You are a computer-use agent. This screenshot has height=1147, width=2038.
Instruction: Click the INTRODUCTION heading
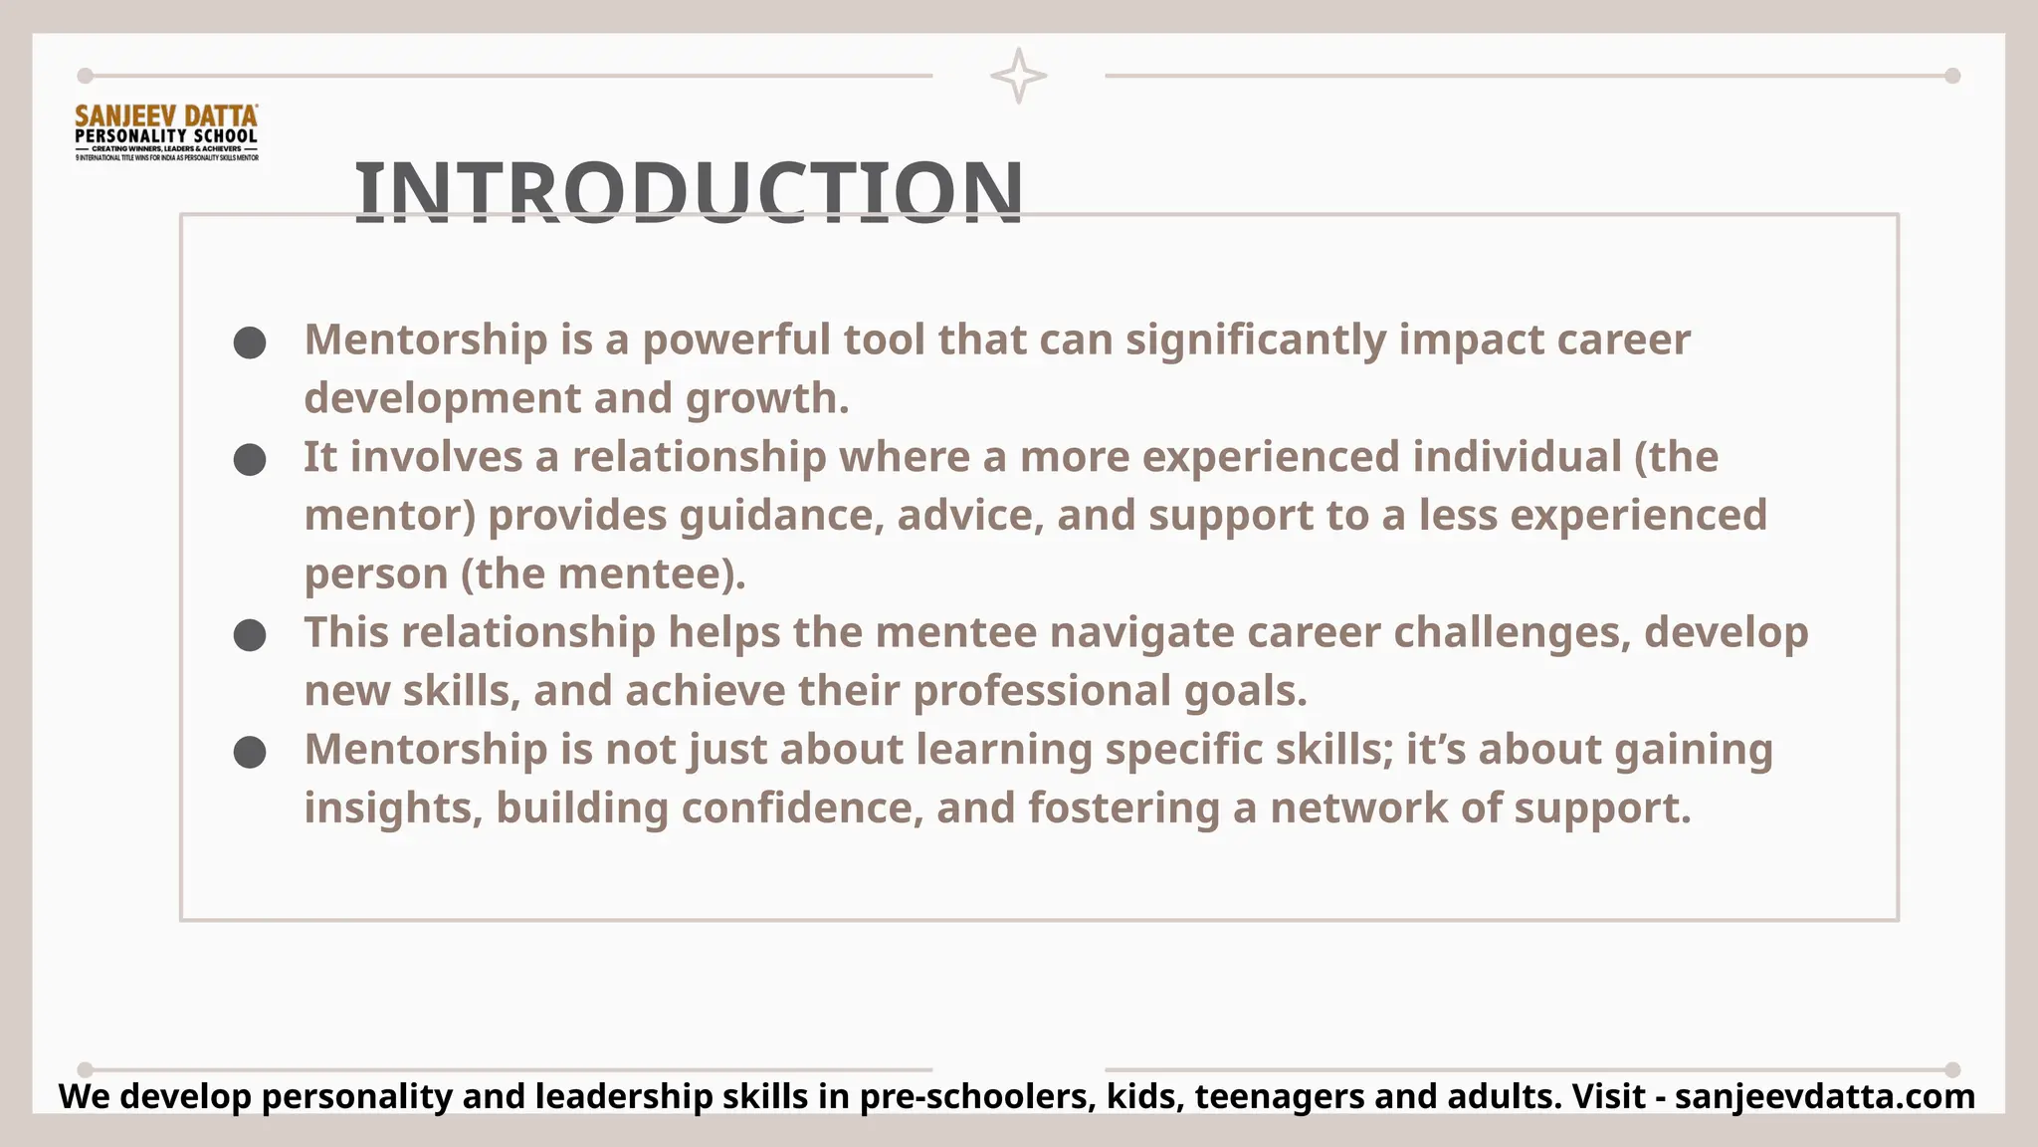[689, 191]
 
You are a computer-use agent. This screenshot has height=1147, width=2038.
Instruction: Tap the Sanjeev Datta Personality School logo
[166, 132]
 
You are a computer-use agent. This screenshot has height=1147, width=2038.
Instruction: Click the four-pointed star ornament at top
[1018, 76]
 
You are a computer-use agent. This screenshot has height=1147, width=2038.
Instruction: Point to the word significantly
[1256, 340]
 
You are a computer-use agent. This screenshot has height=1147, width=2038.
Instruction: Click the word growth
[766, 398]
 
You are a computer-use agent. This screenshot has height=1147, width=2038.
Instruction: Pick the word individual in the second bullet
[1517, 457]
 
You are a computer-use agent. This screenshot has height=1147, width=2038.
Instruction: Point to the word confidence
[801, 807]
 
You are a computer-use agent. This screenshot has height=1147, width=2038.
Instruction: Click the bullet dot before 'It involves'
[250, 460]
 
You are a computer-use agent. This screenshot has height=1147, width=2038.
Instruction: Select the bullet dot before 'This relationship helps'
[250, 635]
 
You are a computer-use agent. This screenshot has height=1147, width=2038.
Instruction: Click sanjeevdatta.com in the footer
[1824, 1096]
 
